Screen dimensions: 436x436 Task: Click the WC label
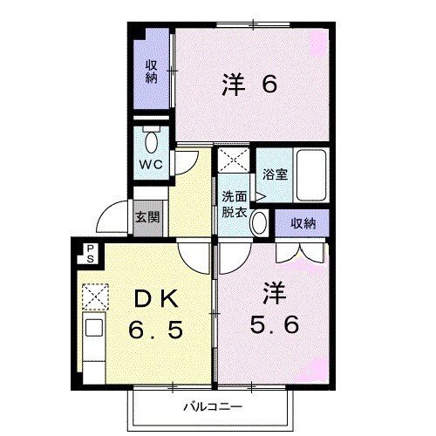149,163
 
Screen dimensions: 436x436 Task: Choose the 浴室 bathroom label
275,174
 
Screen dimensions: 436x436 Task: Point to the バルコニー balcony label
207,407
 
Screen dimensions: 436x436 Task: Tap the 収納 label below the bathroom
303,224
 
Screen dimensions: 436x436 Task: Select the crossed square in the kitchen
93,299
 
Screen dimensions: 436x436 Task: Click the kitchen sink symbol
93,332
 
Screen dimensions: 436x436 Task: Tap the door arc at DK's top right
192,254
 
